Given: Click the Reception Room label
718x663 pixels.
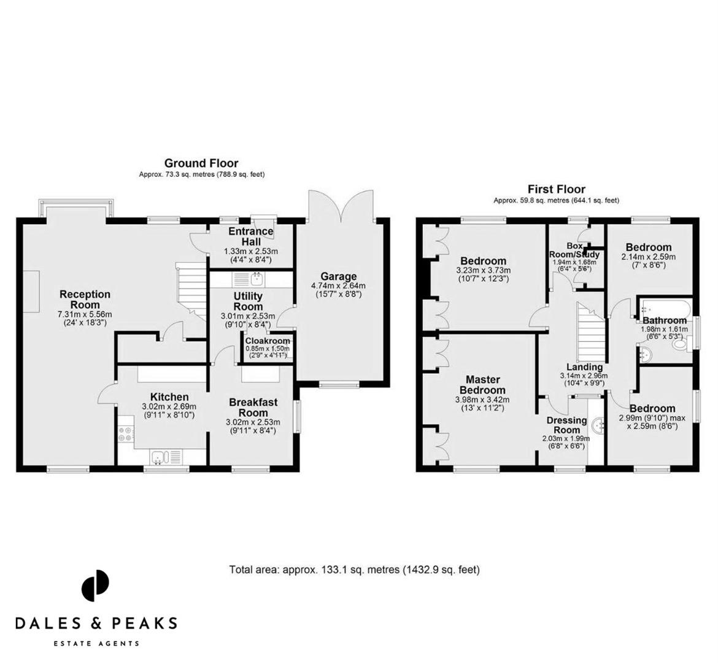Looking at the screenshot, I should coord(85,300).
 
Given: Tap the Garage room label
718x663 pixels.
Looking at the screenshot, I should coord(338,276).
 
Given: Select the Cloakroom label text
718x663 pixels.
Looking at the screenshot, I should coord(267,341).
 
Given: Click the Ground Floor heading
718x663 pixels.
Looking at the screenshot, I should coord(201,163).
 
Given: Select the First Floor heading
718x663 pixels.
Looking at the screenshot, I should coord(556,189).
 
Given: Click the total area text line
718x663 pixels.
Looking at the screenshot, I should coord(354,570).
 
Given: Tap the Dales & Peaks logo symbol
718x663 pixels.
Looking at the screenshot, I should coord(95,586).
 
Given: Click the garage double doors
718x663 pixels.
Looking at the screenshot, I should coord(341,204).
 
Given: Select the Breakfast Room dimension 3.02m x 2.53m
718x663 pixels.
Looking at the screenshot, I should coord(253,422).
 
